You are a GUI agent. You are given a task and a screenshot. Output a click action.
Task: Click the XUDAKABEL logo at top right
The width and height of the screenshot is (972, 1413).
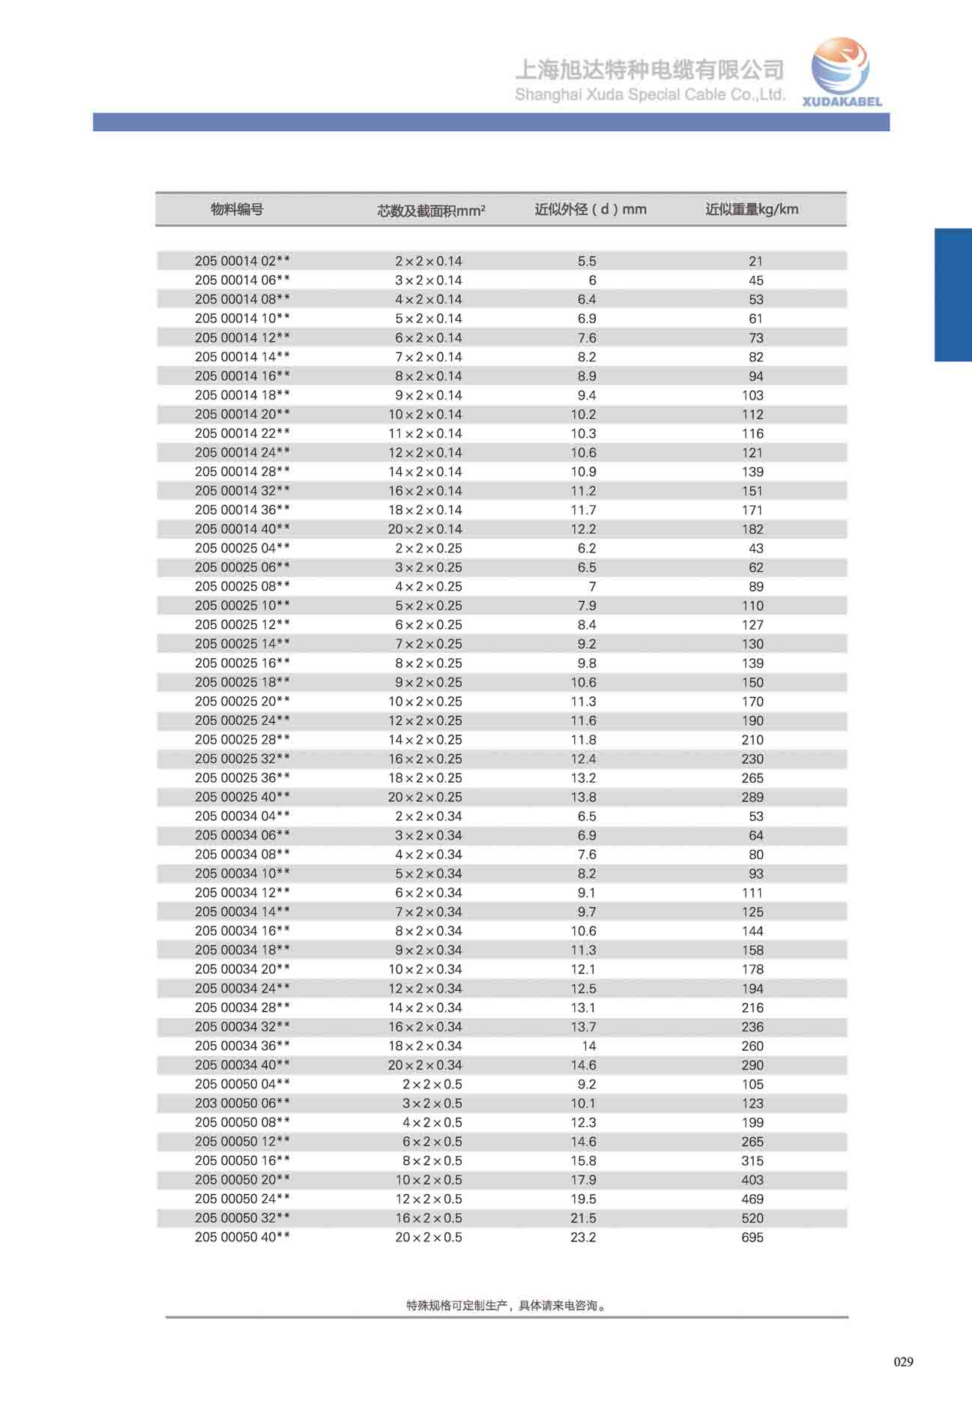842,73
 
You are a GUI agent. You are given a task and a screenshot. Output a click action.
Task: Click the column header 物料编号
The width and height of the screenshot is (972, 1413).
237,210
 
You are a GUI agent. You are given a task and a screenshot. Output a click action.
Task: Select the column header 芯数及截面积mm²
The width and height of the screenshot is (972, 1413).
431,211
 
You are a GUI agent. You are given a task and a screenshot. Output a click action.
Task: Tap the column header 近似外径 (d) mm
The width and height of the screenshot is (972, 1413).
591,210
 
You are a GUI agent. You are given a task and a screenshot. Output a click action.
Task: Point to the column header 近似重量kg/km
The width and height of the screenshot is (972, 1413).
752,210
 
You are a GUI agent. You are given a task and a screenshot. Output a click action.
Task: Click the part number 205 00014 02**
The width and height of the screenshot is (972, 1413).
242,261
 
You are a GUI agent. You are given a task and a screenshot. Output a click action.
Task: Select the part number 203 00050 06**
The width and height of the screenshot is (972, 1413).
242,1103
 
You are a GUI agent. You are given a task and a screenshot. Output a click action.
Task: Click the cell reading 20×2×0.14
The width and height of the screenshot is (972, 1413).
425,529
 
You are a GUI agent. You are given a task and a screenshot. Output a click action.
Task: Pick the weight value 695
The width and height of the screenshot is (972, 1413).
752,1238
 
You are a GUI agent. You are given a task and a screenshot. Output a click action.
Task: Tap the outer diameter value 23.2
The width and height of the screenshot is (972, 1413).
583,1238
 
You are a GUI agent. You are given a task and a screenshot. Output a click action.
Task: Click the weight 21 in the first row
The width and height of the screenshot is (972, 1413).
755,262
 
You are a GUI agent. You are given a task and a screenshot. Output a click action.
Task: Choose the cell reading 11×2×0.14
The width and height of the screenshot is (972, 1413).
425,433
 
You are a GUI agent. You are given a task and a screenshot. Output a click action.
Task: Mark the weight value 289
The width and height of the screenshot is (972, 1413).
752,798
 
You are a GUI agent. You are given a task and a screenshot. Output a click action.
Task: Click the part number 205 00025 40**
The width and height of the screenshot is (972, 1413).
242,797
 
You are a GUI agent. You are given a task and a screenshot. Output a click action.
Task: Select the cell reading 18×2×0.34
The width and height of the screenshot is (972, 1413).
425,1046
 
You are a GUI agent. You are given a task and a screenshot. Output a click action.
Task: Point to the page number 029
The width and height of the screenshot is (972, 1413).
903,1362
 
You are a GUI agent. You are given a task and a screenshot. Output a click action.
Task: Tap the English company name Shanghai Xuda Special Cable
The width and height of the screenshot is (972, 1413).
650,94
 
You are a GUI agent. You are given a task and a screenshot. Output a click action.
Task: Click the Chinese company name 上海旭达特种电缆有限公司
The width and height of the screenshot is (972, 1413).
649,70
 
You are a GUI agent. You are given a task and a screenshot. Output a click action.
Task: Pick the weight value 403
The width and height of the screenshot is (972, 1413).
752,1180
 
